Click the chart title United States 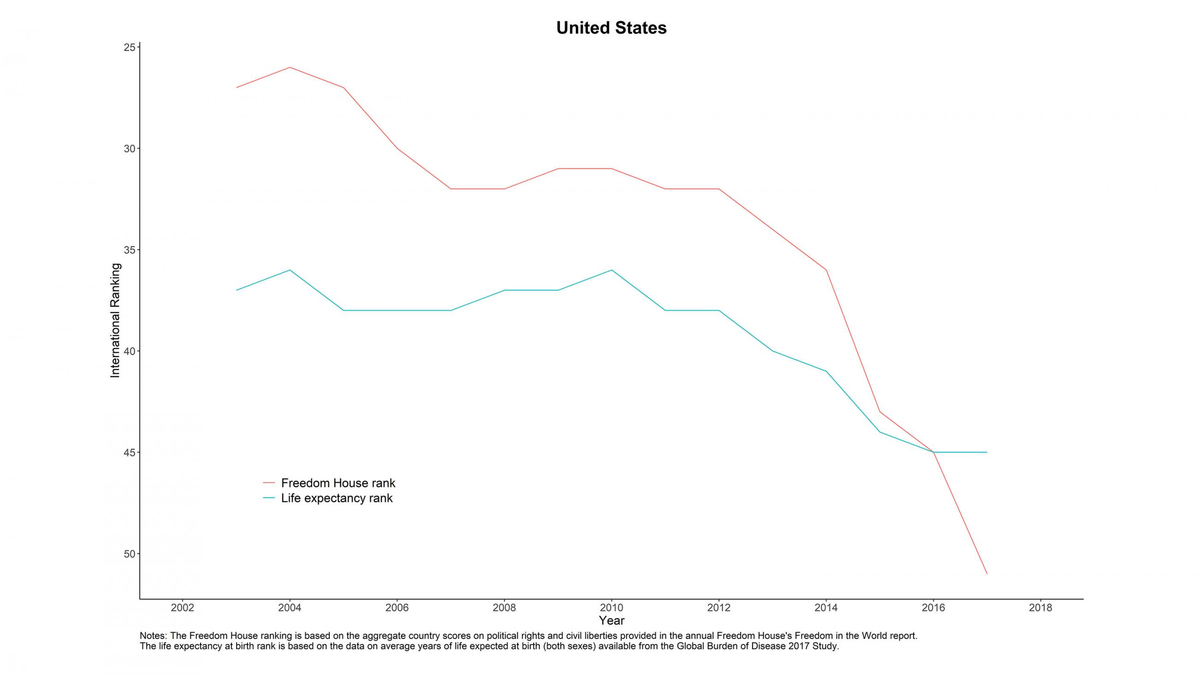coord(611,28)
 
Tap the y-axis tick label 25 coord(129,48)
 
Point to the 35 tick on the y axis coord(129,250)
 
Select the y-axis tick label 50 coord(129,554)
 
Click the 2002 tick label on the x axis coord(183,608)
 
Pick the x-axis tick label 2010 coord(611,608)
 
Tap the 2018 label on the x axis coord(1040,608)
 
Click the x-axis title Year coord(611,621)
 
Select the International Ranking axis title coord(115,321)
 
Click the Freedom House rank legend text coord(338,483)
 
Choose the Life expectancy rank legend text coord(337,498)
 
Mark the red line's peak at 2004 coord(290,67)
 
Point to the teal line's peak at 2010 coord(611,270)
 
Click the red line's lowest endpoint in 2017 coord(987,574)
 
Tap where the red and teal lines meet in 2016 coord(933,452)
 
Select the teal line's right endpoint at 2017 coord(987,452)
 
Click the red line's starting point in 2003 coord(237,88)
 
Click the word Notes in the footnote coord(153,636)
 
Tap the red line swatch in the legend coord(269,483)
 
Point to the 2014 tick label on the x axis coord(826,608)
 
